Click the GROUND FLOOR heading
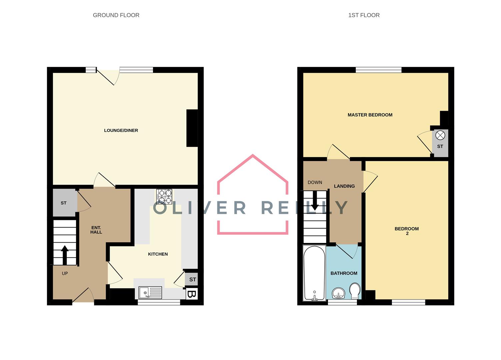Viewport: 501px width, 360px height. coord(116,15)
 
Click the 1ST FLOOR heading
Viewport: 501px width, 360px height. coord(364,15)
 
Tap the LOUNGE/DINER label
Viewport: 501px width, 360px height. coord(121,130)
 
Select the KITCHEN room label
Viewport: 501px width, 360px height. coord(158,254)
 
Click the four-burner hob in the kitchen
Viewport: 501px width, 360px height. coord(165,196)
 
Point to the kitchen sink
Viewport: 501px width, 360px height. coord(150,293)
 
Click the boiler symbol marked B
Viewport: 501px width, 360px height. coord(191,294)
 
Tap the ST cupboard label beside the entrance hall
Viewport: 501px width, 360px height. coord(64,203)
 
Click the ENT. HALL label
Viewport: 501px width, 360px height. coord(96,230)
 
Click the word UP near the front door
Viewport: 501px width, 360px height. coord(65,273)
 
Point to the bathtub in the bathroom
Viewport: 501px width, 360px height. coord(314,273)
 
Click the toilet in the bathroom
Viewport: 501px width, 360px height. coord(355,291)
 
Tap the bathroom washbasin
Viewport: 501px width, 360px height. coord(339,293)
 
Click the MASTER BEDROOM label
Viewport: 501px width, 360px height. coord(370,115)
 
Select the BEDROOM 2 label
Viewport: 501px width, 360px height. coord(407,231)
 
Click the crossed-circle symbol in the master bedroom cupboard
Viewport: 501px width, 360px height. coord(440,135)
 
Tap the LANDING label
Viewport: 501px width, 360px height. coord(344,186)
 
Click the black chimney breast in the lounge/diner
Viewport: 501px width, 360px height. coord(192,128)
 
